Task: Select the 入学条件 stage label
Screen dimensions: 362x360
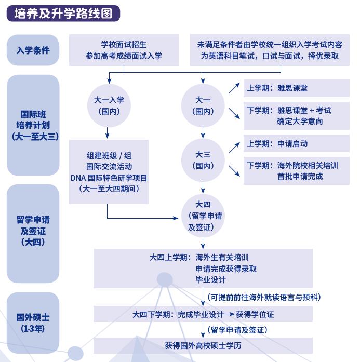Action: click(x=33, y=50)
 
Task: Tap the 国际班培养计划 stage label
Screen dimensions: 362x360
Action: click(x=33, y=124)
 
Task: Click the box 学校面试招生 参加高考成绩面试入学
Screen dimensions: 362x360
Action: click(x=124, y=50)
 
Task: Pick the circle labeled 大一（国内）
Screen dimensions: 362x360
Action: click(x=203, y=105)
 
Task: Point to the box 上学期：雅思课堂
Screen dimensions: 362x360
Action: click(x=296, y=88)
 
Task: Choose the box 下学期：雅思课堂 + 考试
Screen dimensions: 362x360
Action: click(x=296, y=116)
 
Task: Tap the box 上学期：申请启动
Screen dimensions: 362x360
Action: click(x=296, y=144)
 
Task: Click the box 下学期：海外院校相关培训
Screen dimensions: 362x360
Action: click(x=296, y=171)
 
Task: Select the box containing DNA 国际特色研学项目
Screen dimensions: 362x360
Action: click(x=109, y=172)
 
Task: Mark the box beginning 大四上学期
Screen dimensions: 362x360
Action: click(x=203, y=268)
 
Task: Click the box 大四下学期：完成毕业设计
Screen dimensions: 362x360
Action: click(x=203, y=314)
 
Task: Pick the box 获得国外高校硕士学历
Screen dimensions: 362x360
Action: click(x=203, y=345)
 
